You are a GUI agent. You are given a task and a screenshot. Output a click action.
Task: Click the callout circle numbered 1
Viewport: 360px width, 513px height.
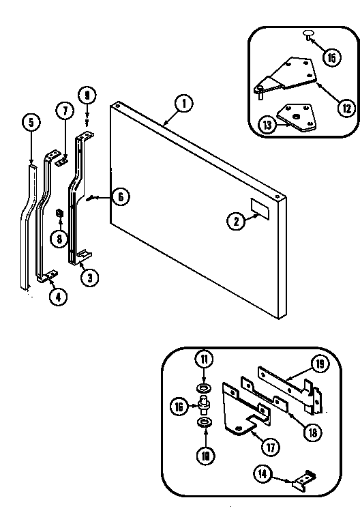pos(183,104)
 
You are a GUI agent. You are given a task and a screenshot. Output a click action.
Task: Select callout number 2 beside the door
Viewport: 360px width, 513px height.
pos(235,220)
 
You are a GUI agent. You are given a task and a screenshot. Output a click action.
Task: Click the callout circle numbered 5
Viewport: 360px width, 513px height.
pos(31,123)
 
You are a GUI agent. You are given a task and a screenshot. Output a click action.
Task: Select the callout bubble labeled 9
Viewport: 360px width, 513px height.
pos(87,95)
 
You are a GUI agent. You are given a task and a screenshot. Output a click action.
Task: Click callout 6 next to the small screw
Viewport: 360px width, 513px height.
pos(119,196)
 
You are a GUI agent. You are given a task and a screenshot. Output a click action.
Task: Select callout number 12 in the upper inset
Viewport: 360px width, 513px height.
pos(329,106)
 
